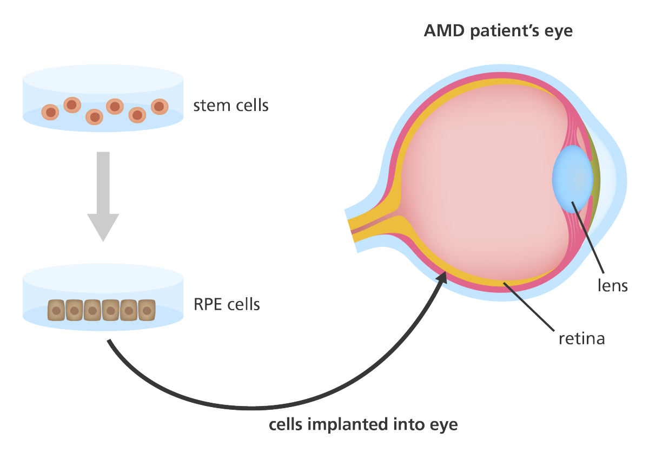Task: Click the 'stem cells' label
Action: (x=230, y=105)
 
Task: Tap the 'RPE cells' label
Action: (x=227, y=304)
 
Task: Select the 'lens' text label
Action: (x=613, y=285)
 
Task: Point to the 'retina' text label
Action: (x=581, y=339)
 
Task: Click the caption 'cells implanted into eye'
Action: (x=363, y=424)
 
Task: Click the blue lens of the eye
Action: (x=572, y=178)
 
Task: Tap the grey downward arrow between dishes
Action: (x=103, y=195)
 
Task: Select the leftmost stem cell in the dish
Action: (x=50, y=112)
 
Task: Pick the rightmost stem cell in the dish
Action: (x=158, y=106)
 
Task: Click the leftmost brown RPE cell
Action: (x=56, y=310)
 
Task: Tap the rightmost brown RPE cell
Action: (x=147, y=310)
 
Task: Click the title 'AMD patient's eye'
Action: (x=498, y=30)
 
